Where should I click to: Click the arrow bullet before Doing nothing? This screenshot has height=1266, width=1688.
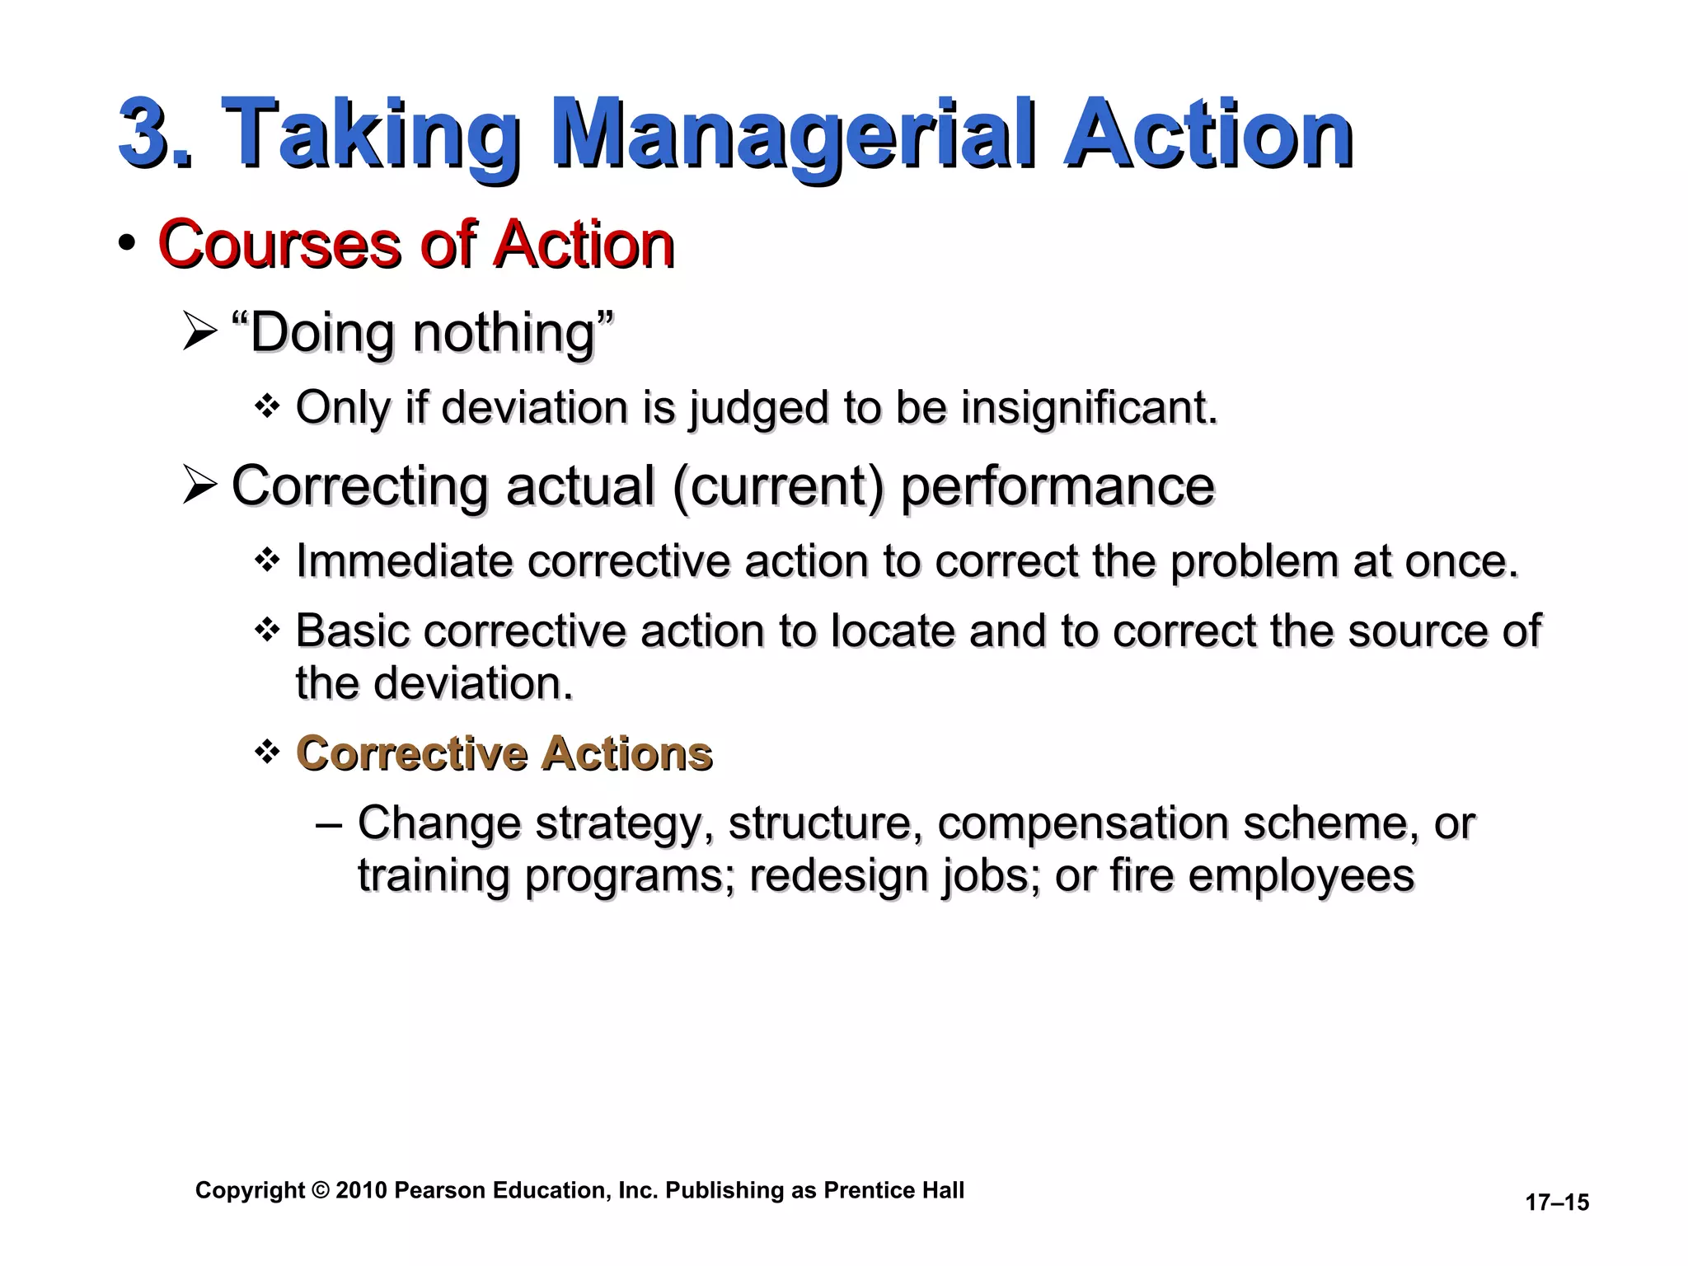point(199,334)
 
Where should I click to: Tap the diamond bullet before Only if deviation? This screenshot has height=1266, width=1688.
point(267,406)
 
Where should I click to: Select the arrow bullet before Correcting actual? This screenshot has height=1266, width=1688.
point(199,485)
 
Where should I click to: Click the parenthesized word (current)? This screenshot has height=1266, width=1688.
point(778,487)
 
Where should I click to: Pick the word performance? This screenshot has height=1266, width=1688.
point(1057,487)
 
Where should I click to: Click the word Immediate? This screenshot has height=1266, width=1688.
point(404,561)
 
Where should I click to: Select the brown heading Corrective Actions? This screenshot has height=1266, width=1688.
point(504,753)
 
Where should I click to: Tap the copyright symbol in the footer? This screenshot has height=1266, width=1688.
point(321,1190)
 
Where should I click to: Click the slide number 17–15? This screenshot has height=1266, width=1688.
point(1556,1203)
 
